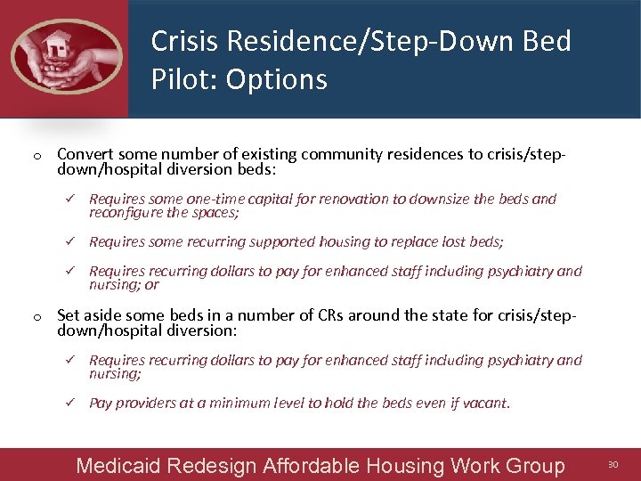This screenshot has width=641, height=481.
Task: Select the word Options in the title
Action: coord(277,80)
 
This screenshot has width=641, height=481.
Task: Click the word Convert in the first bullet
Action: coord(85,154)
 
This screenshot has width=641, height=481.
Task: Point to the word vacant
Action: coord(488,403)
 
